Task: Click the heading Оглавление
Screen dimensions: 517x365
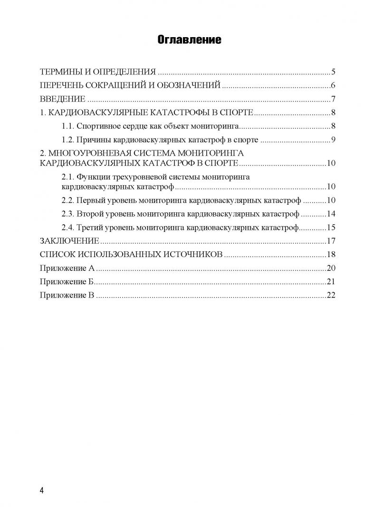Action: (x=189, y=40)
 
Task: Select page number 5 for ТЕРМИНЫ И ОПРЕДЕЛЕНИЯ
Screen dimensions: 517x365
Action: (x=334, y=72)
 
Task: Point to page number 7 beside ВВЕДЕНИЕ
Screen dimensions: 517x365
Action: (x=334, y=99)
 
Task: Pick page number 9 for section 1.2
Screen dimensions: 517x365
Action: (x=334, y=140)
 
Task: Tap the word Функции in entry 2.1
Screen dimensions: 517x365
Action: (x=94, y=177)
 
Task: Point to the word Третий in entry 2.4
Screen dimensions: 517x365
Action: (x=92, y=227)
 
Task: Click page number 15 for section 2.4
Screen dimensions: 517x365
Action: (x=331, y=227)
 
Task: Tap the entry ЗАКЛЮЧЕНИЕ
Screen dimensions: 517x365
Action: (x=70, y=240)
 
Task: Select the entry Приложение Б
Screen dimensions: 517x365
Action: (x=67, y=281)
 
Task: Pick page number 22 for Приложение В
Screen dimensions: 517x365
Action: (x=331, y=295)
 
